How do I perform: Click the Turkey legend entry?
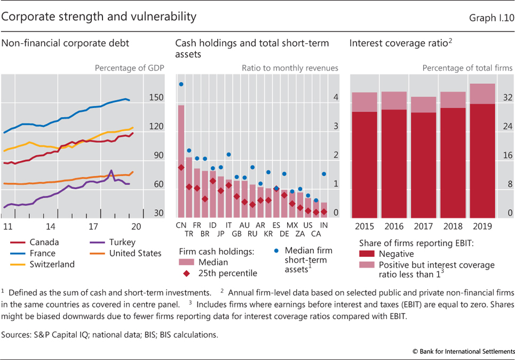click(122, 242)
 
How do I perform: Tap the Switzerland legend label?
click(52, 264)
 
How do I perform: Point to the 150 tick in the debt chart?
click(156, 98)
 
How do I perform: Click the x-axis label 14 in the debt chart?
click(50, 226)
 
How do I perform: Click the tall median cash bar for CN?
click(181, 160)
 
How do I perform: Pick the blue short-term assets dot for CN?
click(181, 84)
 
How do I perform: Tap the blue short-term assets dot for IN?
click(324, 174)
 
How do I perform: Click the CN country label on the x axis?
click(181, 225)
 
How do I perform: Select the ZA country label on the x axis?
click(300, 233)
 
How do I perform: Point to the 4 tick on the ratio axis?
click(336, 98)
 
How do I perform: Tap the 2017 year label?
click(423, 226)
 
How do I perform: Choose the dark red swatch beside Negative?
click(367, 254)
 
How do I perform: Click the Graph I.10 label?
click(492, 18)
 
